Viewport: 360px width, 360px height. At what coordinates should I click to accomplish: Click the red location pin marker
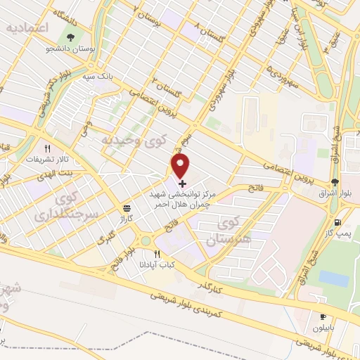click(x=181, y=166)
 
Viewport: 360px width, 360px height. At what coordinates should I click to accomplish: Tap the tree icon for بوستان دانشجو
click(x=70, y=37)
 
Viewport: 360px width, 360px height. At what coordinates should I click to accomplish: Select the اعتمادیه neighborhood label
click(x=31, y=29)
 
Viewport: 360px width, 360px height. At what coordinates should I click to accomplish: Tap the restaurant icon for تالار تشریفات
click(x=48, y=149)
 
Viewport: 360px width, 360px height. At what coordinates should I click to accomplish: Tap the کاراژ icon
click(x=127, y=209)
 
